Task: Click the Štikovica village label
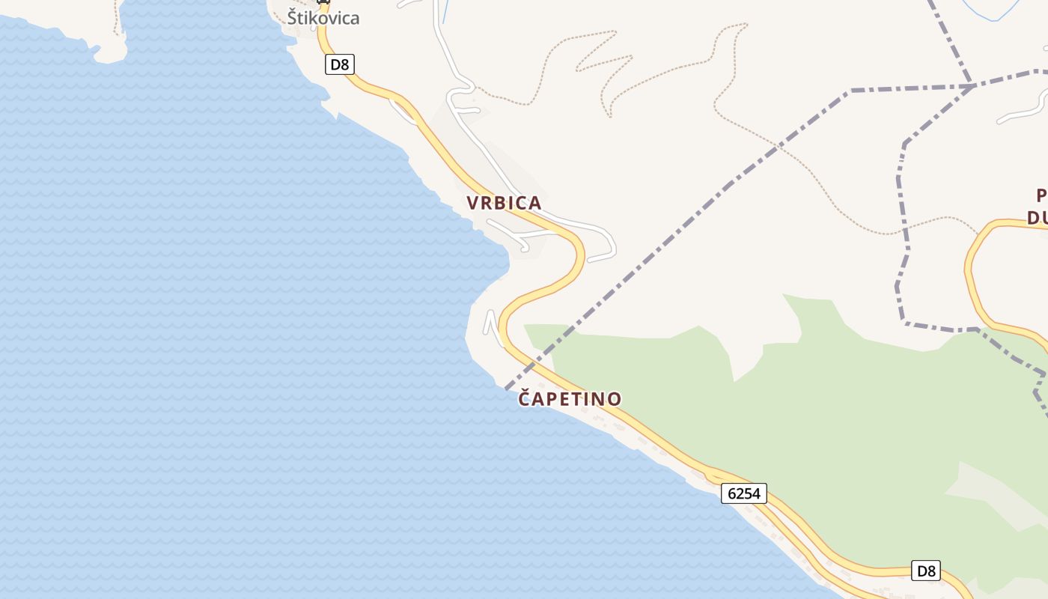point(323,18)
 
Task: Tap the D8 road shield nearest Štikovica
point(340,64)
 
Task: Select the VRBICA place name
point(504,203)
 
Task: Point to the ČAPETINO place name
point(570,399)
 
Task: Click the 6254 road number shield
point(744,493)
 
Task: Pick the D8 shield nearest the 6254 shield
point(926,571)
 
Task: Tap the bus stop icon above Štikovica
point(323,2)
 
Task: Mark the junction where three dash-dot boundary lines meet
point(972,86)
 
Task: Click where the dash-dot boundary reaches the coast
point(507,388)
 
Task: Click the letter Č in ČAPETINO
point(526,398)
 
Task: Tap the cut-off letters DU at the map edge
point(1038,218)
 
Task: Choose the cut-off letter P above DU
point(1041,196)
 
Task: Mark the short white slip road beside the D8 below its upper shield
point(403,112)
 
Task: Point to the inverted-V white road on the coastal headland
point(492,323)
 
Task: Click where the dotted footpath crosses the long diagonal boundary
point(781,145)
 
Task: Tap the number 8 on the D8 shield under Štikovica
point(344,64)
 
